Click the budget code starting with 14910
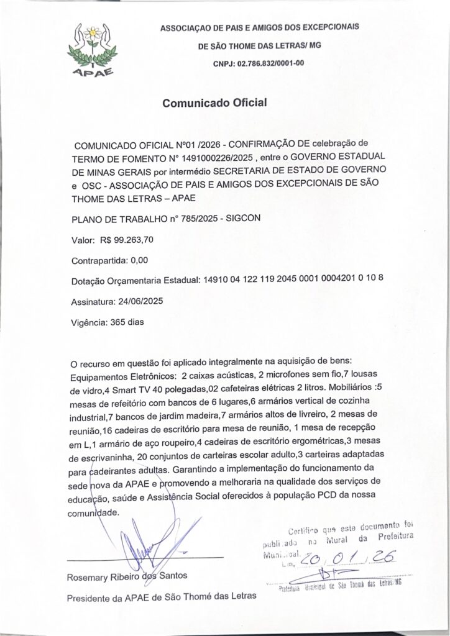pos(292,280)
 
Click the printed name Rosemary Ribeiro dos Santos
pos(126,577)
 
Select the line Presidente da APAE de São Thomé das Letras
pos(161,599)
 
